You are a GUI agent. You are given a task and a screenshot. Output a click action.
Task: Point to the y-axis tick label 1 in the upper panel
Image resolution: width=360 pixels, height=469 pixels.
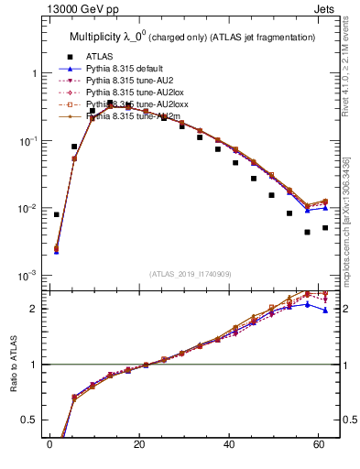click(x=33, y=73)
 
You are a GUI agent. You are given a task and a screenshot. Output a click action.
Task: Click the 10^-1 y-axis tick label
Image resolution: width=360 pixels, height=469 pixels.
click(x=28, y=141)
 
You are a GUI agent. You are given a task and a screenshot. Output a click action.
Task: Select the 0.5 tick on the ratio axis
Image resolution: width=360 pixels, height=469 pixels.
click(x=30, y=420)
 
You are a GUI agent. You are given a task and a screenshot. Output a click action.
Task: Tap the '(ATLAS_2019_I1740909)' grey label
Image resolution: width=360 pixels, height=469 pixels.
click(x=191, y=274)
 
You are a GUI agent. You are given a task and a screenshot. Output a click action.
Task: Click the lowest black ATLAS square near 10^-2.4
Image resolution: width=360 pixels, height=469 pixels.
click(x=308, y=232)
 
